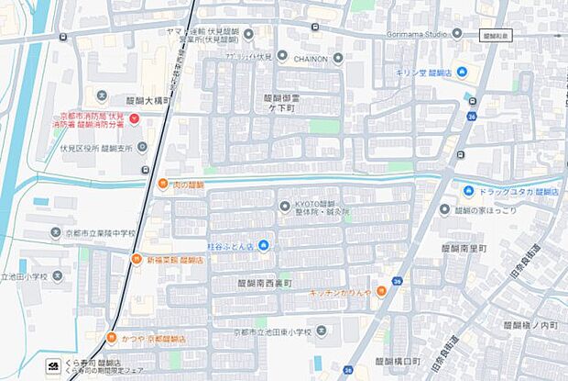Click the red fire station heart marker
point(134,119)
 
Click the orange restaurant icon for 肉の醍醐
point(163,184)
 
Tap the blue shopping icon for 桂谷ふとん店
point(263,245)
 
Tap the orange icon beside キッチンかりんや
point(378,291)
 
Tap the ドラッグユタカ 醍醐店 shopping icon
point(470,192)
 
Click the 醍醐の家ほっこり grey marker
point(445,209)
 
